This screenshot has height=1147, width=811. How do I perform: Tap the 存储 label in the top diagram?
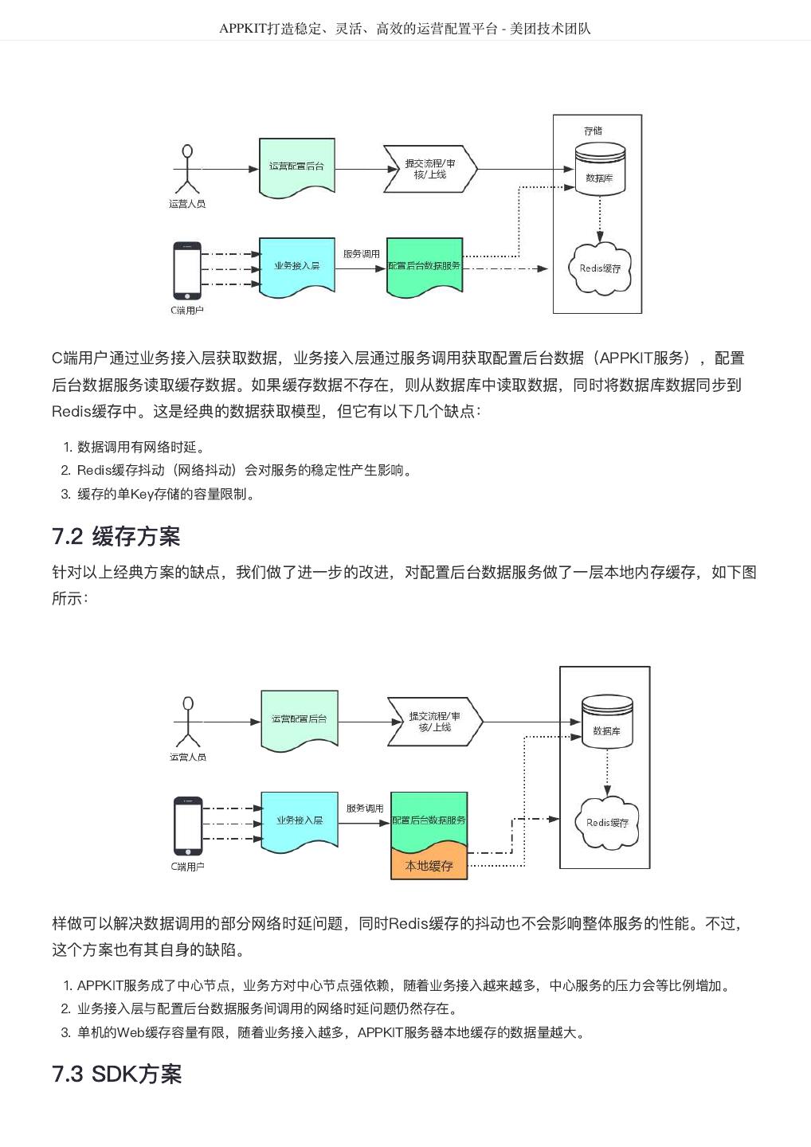point(593,131)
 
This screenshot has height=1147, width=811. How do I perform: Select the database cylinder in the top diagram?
point(599,170)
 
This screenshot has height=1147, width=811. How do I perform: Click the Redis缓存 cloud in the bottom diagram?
point(607,822)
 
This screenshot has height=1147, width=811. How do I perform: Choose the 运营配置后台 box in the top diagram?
point(297,167)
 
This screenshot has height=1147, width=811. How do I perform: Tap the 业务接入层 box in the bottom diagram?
point(299,820)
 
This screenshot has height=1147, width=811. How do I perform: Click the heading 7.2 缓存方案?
point(116,537)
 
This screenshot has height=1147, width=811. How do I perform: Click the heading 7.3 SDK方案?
point(117,1074)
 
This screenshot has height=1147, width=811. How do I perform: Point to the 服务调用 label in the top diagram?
point(362,253)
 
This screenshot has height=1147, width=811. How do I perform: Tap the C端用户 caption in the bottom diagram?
point(187,866)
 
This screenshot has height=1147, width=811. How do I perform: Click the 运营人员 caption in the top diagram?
point(187,204)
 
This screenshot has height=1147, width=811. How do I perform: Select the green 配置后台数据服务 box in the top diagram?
point(425,266)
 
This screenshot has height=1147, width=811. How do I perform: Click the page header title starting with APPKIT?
point(405,29)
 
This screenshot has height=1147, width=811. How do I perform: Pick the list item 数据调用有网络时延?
point(140,447)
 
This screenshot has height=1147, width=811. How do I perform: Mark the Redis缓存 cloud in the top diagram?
point(600,268)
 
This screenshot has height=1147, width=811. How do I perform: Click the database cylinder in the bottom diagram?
point(607,722)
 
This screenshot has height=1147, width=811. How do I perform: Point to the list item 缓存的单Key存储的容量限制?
point(167,494)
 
